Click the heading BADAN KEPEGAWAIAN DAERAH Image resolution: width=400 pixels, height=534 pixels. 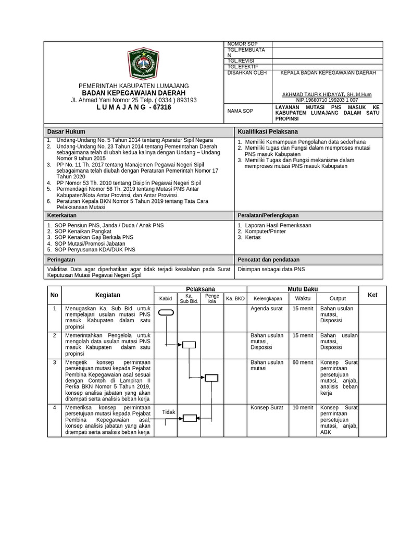pos(134,92)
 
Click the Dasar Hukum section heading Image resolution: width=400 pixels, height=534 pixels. pos(66,131)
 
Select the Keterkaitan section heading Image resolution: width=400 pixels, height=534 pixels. pos(63,215)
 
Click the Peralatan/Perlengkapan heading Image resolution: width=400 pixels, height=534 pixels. pos(269,215)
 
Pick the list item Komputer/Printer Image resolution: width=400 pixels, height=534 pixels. pos(265,231)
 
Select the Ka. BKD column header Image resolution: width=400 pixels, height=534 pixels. pos(235,299)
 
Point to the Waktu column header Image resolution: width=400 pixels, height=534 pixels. pos(303,299)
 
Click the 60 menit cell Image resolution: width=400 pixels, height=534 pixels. pos(303,362)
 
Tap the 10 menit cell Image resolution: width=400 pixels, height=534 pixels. pos(303,407)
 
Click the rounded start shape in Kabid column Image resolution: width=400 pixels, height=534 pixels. pos(166,312)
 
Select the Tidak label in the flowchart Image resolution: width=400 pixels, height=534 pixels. pos(169,412)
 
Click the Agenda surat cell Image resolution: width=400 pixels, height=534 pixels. pos(266,308)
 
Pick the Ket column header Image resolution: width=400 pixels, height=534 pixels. pos(372,295)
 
